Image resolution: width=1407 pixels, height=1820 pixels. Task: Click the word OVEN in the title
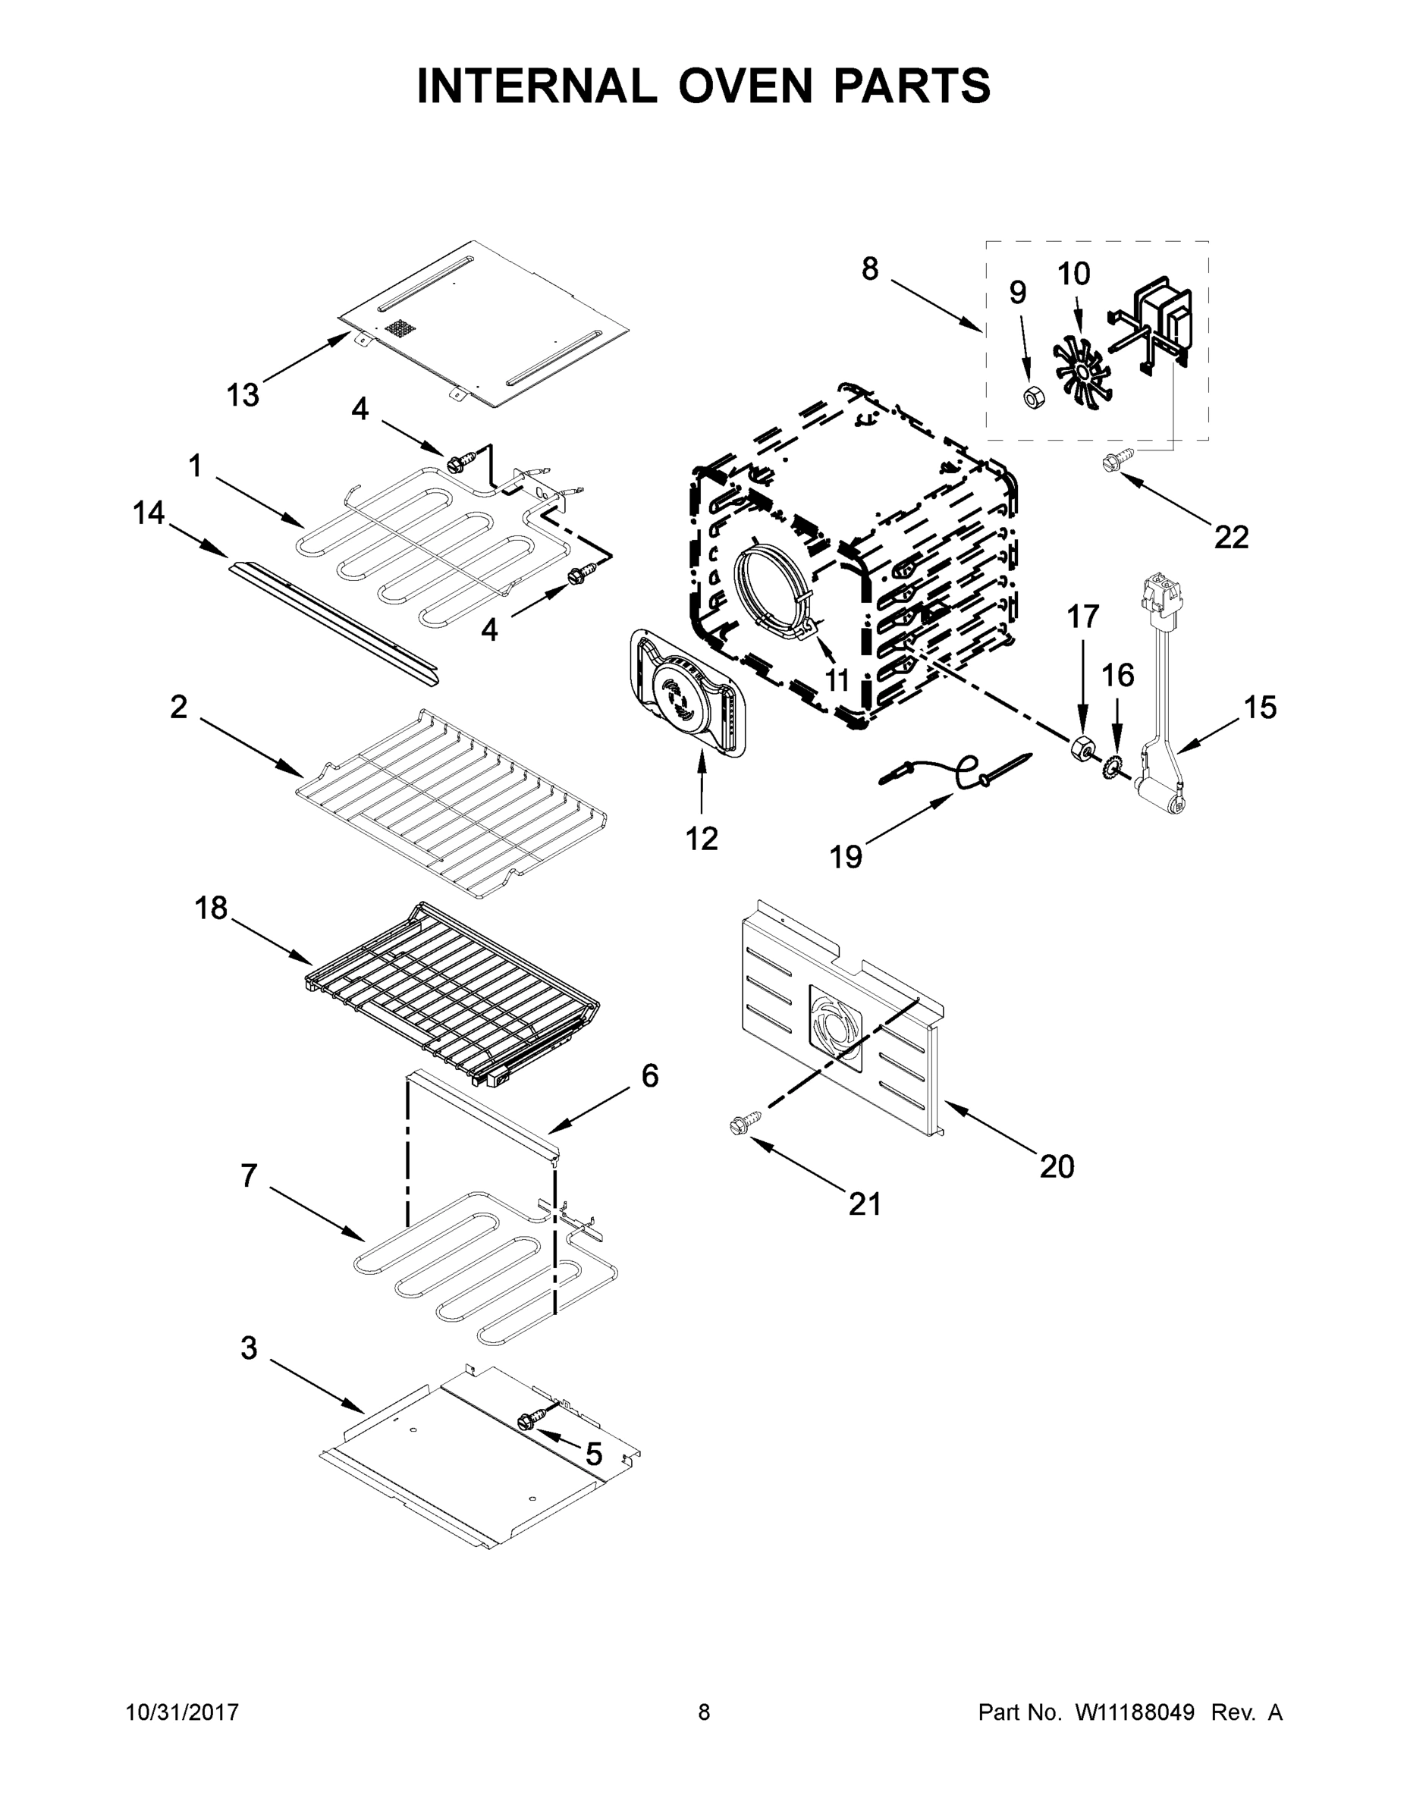coord(744,86)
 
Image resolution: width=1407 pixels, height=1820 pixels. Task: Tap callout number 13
coord(243,395)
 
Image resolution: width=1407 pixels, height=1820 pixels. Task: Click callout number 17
coord(1083,617)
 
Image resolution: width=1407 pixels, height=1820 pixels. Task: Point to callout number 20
coord(1056,1166)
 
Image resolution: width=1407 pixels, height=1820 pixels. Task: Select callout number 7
coord(248,1177)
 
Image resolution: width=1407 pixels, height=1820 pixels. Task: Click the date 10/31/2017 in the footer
coord(182,1712)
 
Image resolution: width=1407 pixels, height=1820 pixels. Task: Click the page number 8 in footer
coord(704,1712)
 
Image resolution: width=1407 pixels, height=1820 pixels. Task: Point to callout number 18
coord(211,908)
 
